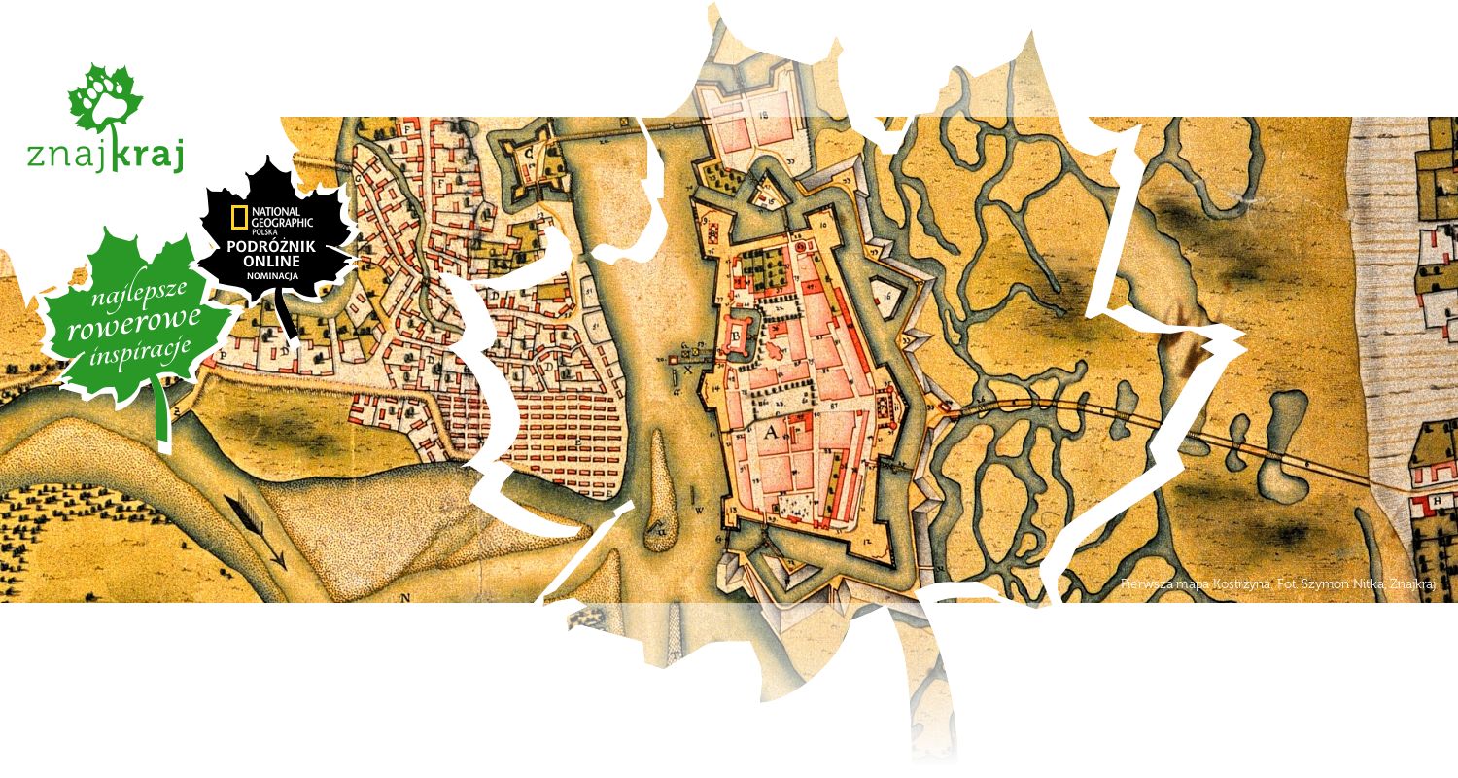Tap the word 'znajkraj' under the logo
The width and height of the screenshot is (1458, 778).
105,156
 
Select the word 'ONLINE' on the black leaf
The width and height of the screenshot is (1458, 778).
275,260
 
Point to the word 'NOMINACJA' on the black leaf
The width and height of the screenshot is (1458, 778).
275,274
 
